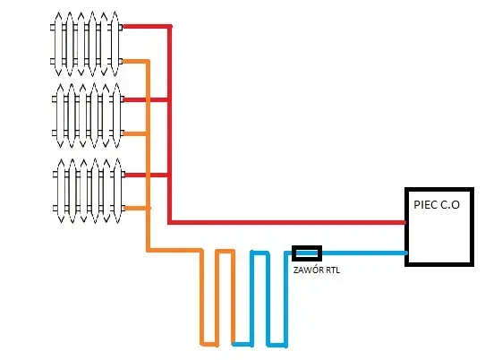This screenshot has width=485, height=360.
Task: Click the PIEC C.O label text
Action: (x=437, y=205)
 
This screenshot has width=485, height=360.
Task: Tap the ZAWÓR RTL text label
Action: (x=317, y=270)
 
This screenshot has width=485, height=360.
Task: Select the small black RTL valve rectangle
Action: (x=307, y=253)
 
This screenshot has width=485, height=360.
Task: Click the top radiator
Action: (x=86, y=44)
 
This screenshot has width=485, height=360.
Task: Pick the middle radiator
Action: (x=88, y=116)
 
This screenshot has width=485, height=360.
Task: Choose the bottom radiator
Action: (x=89, y=191)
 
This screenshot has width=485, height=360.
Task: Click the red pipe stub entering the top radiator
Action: (x=145, y=27)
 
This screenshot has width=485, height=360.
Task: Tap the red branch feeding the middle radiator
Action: (x=145, y=99)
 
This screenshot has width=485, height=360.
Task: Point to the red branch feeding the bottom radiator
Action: (x=146, y=176)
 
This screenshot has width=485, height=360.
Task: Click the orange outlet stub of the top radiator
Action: (x=134, y=61)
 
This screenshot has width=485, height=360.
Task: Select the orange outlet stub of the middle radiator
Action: (x=134, y=133)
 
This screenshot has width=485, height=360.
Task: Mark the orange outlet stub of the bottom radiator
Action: (x=135, y=209)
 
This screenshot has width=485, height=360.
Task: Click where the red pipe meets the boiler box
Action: (x=404, y=222)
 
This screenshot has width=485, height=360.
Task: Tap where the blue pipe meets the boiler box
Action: (x=405, y=253)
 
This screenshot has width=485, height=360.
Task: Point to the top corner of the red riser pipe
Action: (x=170, y=27)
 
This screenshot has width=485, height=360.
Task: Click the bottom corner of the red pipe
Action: (x=170, y=222)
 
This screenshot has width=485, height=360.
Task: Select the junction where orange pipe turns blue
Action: (x=234, y=344)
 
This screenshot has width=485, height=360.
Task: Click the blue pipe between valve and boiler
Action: (x=363, y=253)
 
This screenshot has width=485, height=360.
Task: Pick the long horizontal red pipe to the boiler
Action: (x=287, y=222)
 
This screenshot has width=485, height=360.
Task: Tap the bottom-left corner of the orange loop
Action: (x=202, y=344)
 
